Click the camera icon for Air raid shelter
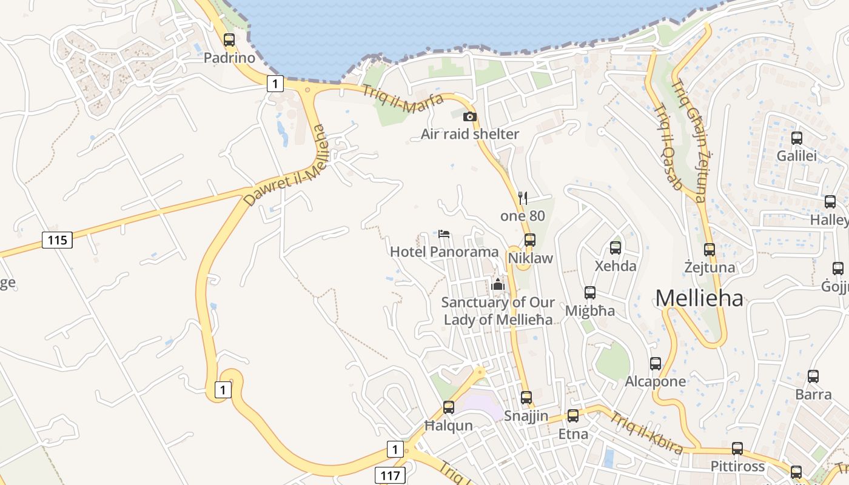click(x=470, y=116)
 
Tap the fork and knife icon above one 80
click(x=523, y=198)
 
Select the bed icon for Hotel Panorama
click(x=444, y=234)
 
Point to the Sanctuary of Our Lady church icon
click(x=498, y=284)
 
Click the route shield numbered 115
click(x=57, y=240)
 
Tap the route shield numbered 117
click(x=390, y=475)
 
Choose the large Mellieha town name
click(x=699, y=298)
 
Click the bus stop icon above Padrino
click(x=229, y=40)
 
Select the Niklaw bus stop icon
click(x=530, y=240)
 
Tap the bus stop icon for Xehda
click(x=616, y=248)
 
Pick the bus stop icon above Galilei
click(x=797, y=138)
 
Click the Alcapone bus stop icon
click(x=656, y=364)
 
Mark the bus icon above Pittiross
click(x=737, y=449)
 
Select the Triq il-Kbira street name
click(x=646, y=433)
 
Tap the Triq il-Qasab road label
click(x=668, y=147)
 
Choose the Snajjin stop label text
click(x=526, y=416)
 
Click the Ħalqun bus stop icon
click(x=449, y=407)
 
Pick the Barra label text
click(x=814, y=394)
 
